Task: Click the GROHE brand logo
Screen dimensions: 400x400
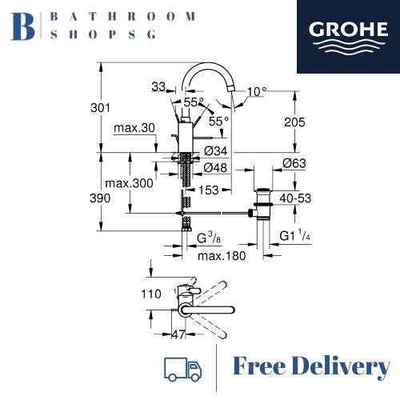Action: tap(348, 37)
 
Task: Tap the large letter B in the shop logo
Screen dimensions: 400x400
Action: tap(22, 26)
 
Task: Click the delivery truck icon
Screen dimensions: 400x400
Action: tap(183, 369)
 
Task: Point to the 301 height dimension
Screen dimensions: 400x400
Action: tap(100, 108)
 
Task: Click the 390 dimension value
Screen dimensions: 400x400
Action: tap(100, 198)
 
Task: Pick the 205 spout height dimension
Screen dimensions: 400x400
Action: tap(294, 122)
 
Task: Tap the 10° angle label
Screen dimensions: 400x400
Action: tap(257, 92)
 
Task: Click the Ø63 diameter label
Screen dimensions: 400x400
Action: tap(294, 163)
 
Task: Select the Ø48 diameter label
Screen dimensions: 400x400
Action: tap(215, 168)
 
